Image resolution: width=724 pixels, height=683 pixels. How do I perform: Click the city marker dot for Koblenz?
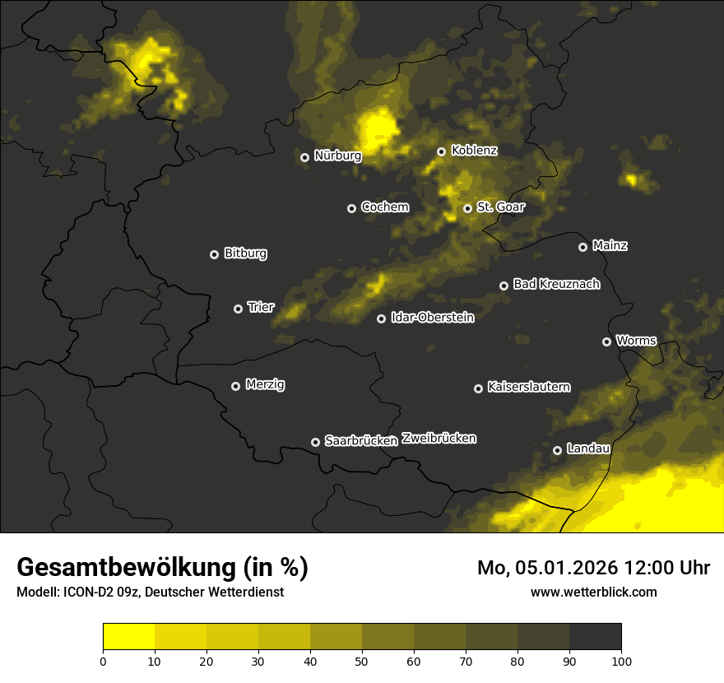pos(441,151)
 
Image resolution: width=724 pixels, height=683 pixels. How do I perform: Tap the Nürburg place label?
pos(337,155)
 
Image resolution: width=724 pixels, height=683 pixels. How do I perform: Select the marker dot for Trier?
pos(239,309)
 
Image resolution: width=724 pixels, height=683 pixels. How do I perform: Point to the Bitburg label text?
pos(245,253)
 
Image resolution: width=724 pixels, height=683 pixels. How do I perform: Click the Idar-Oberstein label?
pos(432,317)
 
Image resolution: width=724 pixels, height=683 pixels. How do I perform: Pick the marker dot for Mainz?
pos(582,247)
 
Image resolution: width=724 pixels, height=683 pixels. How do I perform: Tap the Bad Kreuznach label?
pos(556,284)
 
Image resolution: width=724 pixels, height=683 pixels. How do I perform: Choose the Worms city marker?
pos(606,341)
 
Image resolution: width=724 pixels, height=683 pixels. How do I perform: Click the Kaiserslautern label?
pos(528,387)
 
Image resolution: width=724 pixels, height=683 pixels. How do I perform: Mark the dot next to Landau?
pos(557,450)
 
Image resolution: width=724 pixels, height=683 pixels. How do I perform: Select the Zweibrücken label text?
pos(439,439)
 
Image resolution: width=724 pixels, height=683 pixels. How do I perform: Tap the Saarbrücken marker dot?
pos(315,442)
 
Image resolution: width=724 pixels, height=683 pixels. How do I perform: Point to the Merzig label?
pos(265,384)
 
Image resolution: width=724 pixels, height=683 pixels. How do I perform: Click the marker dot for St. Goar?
pos(467,208)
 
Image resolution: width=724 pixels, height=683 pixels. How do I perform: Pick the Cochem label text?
pos(384,207)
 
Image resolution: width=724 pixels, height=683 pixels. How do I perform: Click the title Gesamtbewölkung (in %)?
pos(162,568)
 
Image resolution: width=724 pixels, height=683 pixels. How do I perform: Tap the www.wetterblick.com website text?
pos(593,592)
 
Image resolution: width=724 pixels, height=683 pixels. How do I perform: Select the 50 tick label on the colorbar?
pos(362,660)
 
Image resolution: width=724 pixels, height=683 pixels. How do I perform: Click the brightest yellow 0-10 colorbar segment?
pos(128,637)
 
